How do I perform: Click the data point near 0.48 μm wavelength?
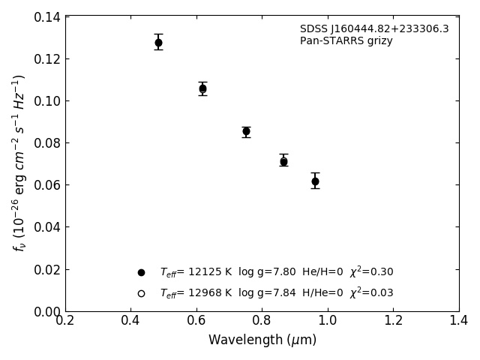coord(158,43)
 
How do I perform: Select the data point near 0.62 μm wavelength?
coord(202,88)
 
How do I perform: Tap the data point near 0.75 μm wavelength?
coord(246,131)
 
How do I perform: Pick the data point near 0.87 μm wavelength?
coord(283,161)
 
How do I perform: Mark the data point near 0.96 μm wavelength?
coord(315,181)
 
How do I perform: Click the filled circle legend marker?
coord(141,272)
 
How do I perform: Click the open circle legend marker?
coord(141,293)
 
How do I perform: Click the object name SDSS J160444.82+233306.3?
coord(374,29)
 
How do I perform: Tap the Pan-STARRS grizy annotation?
coord(346,41)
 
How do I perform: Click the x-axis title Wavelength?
coord(262,340)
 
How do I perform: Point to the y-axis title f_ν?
coord(19,163)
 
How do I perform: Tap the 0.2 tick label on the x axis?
coord(65,321)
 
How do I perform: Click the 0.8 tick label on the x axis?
coord(262,321)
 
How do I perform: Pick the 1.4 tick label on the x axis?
coord(458,321)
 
